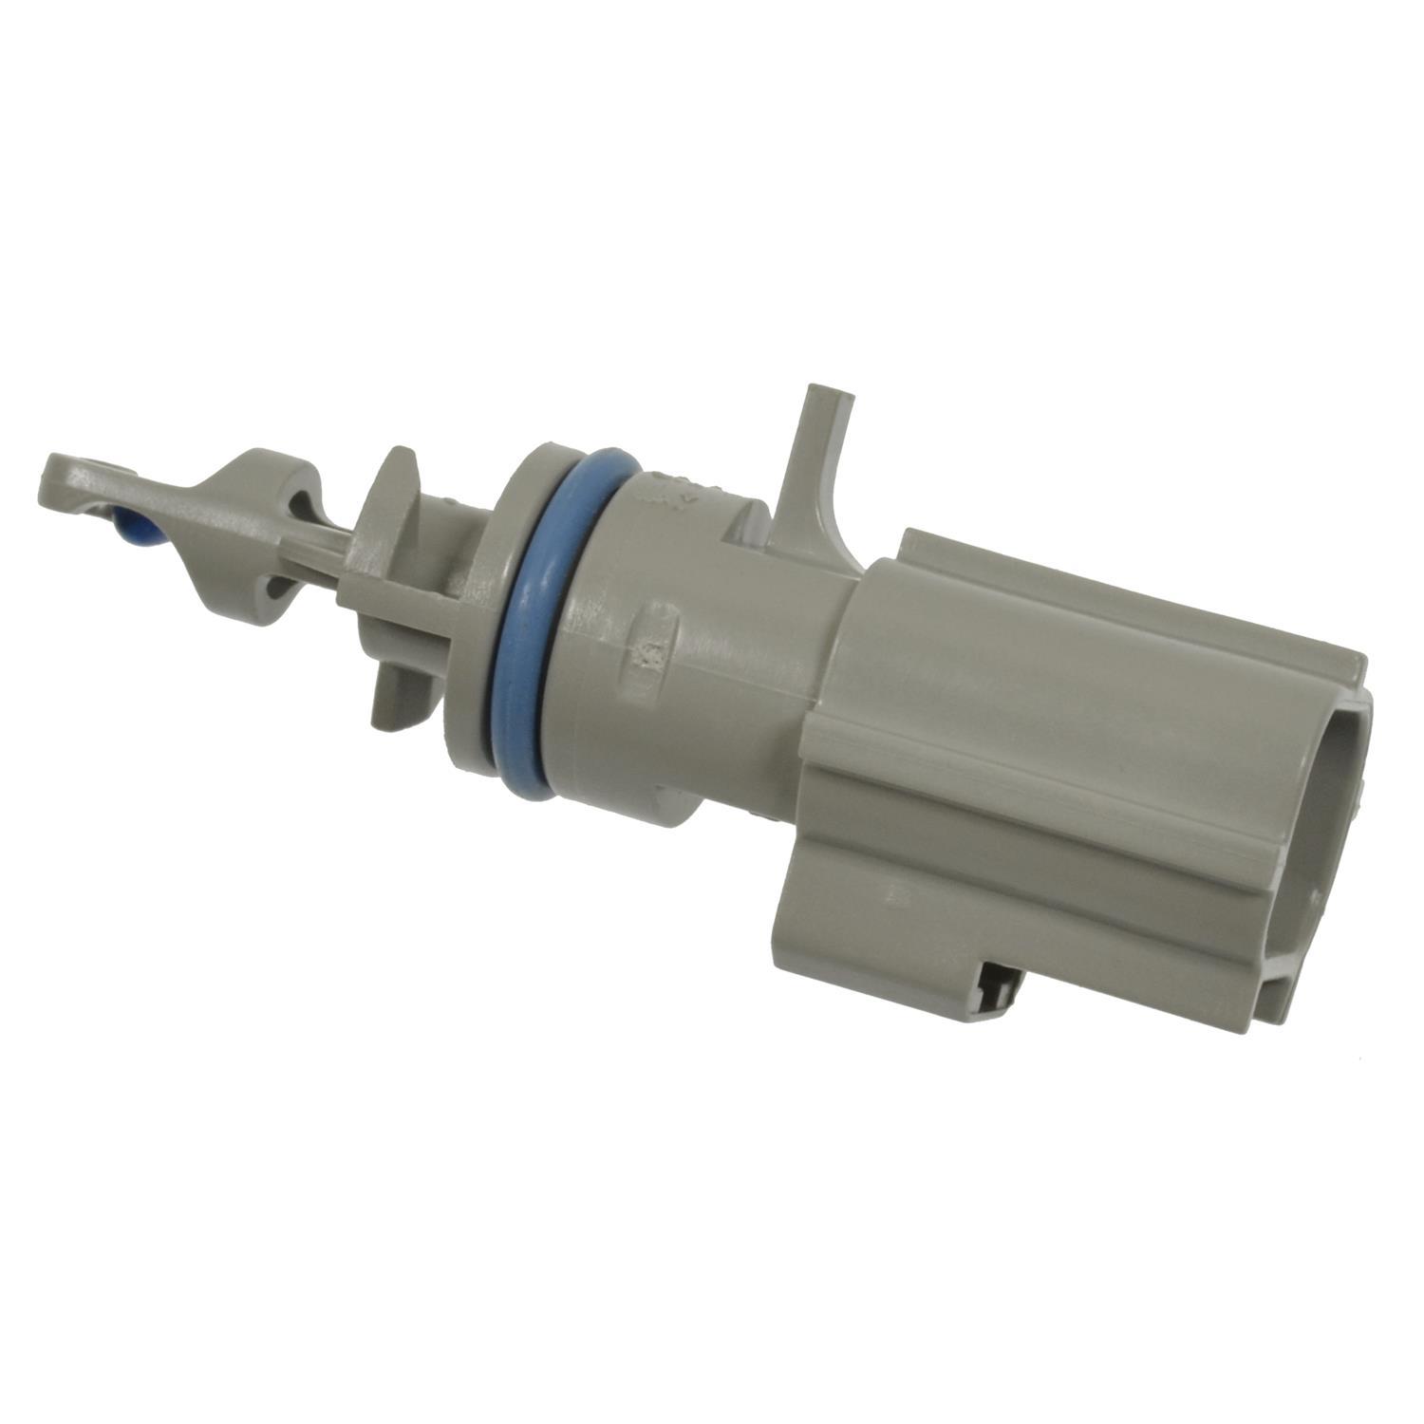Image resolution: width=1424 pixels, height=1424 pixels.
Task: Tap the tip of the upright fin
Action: click(x=817, y=394)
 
